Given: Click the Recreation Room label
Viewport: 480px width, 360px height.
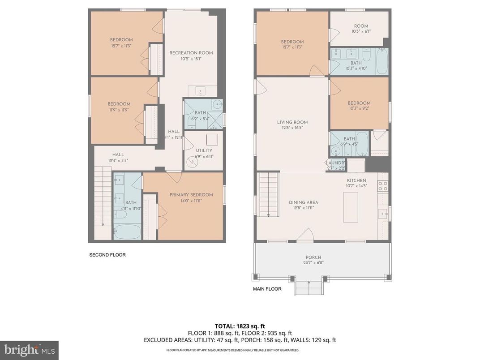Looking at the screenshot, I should (x=191, y=53).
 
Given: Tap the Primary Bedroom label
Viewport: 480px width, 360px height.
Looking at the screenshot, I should (x=191, y=195).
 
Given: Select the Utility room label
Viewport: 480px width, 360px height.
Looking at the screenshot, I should (x=204, y=151).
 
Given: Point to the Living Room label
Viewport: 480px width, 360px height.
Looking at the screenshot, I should (x=292, y=122).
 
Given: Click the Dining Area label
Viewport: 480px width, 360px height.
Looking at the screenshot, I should (x=304, y=202).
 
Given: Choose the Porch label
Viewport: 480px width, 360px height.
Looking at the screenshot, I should (x=313, y=257).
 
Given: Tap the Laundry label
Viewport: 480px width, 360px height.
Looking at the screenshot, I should (x=335, y=163).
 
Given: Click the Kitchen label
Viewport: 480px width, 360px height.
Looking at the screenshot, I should (x=356, y=180).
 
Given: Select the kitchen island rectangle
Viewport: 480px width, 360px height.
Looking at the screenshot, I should (x=351, y=206).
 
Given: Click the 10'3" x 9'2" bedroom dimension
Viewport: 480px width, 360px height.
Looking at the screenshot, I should (x=359, y=108).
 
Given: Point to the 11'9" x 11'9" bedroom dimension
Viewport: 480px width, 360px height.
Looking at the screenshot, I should (x=119, y=110).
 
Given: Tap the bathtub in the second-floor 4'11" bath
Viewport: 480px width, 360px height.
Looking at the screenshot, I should (x=127, y=231).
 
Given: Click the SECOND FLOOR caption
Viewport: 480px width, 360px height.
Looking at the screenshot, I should (x=107, y=255).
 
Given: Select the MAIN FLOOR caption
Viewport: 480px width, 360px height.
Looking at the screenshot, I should (x=267, y=289).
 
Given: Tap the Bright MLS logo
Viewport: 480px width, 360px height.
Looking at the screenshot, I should (x=29, y=350).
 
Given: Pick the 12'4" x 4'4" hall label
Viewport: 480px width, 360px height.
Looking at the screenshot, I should (x=118, y=158).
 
